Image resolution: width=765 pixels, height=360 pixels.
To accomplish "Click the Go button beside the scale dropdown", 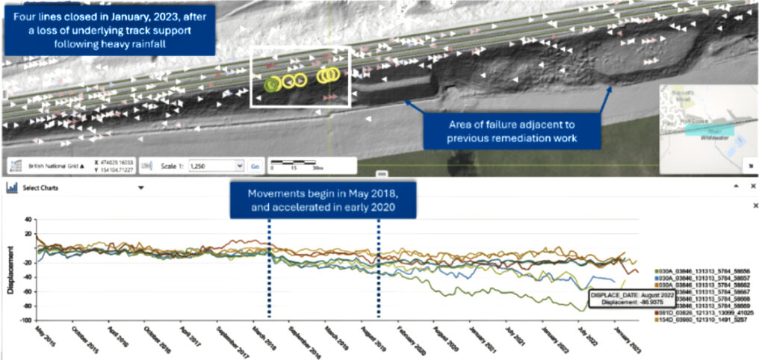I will (254, 166).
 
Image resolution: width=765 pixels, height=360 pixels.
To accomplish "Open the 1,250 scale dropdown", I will (217, 166).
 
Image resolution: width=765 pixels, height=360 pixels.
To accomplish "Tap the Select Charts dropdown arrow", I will (140, 188).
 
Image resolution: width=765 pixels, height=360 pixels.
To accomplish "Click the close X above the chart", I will (755, 205).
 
